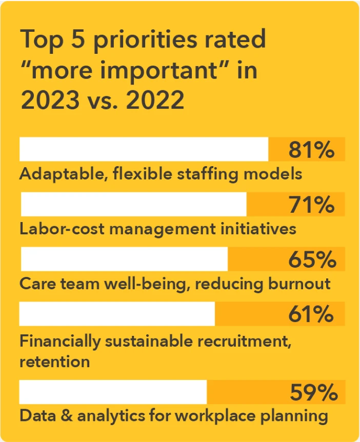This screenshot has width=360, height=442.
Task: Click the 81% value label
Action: pyautogui.click(x=311, y=150)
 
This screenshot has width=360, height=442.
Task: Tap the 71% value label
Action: pyautogui.click(x=311, y=205)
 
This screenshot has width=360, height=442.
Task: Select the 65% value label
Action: pyautogui.click(x=312, y=259)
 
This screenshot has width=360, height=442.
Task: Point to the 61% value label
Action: pyautogui.click(x=311, y=314)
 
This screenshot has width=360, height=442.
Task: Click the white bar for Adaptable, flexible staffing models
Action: pyautogui.click(x=144, y=149)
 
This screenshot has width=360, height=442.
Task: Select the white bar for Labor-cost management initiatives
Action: pyautogui.click(x=133, y=204)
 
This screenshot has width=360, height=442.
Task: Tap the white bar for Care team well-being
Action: pyautogui.click(x=124, y=259)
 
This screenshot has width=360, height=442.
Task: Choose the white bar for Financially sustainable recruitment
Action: pyautogui.click(x=117, y=314)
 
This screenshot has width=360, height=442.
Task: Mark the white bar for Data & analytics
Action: pyautogui.click(x=113, y=392)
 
